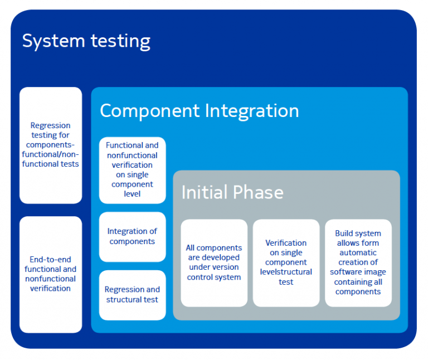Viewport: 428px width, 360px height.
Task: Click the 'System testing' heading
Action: point(86,41)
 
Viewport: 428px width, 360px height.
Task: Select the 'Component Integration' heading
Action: point(199,110)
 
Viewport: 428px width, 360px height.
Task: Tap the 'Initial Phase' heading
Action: point(232,192)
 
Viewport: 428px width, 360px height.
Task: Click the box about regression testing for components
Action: point(51,145)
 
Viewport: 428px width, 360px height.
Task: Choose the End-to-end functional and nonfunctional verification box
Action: point(51,274)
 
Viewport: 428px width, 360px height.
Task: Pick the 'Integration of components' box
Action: point(132,236)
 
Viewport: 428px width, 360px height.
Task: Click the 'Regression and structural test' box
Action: point(132,295)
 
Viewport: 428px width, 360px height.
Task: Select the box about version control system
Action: point(214,262)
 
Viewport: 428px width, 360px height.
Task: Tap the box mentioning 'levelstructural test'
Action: point(286,262)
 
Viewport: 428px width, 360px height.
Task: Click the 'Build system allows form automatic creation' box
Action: point(358,262)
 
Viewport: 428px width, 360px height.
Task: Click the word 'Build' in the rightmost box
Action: point(346,233)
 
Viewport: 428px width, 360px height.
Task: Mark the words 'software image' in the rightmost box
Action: point(358,272)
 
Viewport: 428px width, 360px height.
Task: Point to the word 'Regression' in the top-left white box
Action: point(50,125)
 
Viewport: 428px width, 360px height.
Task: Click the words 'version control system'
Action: point(214,272)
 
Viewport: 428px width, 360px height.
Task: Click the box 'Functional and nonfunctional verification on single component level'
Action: point(132,169)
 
